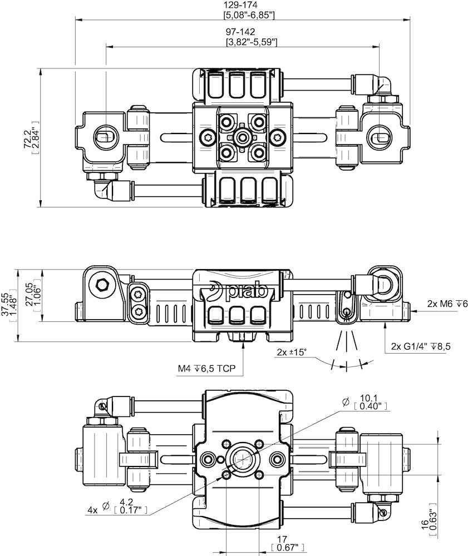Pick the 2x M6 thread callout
point(440,304)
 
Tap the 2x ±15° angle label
point(292,352)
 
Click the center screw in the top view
point(242,136)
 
